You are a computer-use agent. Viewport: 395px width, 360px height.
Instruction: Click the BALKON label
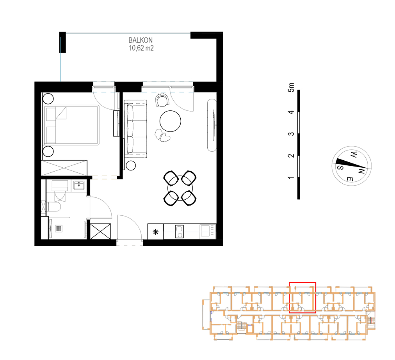(x=140, y=40)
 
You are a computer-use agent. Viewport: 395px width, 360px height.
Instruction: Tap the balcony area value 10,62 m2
(x=141, y=48)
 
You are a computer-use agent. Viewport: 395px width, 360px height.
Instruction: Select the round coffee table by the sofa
(x=170, y=121)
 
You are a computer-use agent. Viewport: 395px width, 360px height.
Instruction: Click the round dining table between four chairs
(x=180, y=188)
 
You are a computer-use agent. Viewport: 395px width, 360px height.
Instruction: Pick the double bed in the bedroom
(x=71, y=125)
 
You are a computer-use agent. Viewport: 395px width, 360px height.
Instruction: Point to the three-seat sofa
(x=135, y=129)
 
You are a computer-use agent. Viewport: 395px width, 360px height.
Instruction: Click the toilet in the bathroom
(x=53, y=207)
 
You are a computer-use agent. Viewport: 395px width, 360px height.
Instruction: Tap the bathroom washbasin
(x=79, y=185)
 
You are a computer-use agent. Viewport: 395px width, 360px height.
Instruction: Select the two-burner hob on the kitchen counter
(x=179, y=231)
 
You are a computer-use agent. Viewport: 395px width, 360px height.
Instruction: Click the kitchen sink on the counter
(x=208, y=231)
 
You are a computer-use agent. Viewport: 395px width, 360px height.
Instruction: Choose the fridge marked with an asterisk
(x=156, y=232)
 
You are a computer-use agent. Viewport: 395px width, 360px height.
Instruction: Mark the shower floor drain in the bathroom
(x=59, y=228)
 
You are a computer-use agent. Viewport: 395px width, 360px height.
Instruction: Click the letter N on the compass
(x=361, y=171)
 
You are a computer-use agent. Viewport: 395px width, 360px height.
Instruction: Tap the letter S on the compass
(x=340, y=167)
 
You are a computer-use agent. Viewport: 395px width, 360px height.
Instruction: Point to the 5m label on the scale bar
(x=291, y=87)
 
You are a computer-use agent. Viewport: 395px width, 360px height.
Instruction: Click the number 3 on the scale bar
(x=291, y=134)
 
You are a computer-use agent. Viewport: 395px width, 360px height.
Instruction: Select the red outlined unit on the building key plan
(x=302, y=297)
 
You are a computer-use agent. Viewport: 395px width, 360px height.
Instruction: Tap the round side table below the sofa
(x=131, y=165)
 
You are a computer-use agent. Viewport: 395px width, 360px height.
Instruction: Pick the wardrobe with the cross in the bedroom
(x=64, y=168)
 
